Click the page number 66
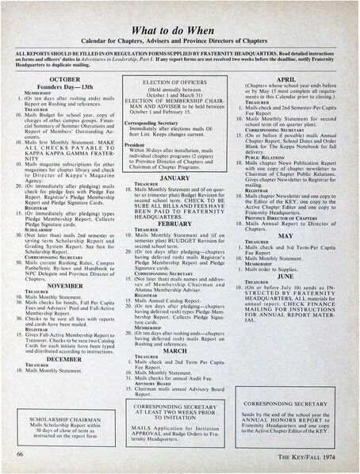[x=19, y=454]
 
